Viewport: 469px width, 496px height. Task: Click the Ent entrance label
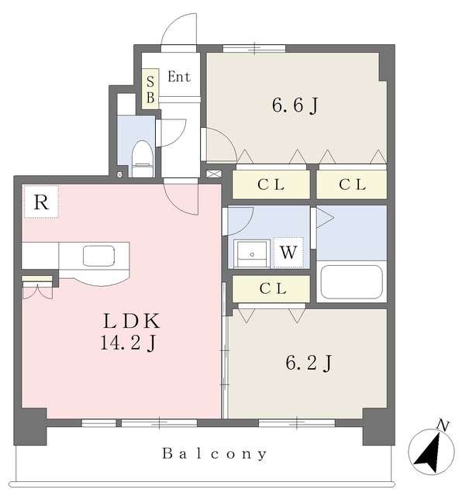point(179,77)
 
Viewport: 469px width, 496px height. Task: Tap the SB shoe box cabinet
point(150,89)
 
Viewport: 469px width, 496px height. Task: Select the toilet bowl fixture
point(143,159)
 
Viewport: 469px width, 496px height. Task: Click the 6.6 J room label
point(295,105)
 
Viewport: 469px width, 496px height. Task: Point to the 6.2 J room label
point(309,363)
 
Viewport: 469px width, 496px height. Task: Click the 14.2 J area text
point(128,343)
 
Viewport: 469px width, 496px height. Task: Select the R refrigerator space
point(41,201)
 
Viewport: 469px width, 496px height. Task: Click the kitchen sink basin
point(98,256)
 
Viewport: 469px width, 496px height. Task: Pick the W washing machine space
point(288,253)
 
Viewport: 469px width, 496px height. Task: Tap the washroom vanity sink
point(252,253)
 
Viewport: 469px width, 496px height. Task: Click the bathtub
point(352,282)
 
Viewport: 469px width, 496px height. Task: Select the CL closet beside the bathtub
point(271,288)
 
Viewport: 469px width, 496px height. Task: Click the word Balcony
point(215,453)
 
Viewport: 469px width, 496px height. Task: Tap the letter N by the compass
point(443,425)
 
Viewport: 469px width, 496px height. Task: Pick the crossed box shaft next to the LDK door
point(214,174)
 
